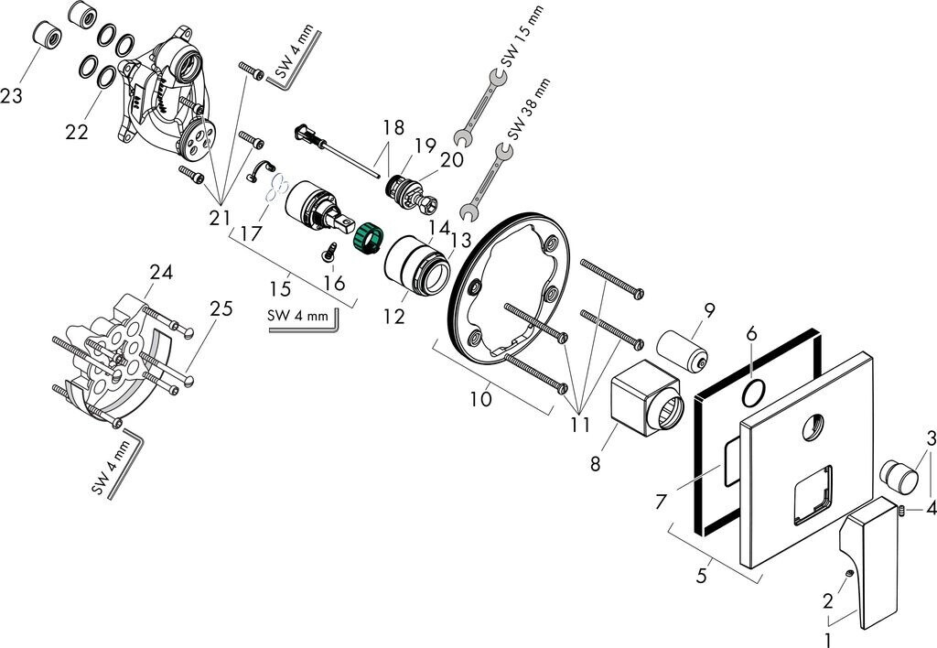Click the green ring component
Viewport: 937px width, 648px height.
tap(368, 237)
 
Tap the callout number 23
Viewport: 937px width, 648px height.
tap(11, 95)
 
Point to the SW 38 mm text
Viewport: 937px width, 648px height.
tap(528, 110)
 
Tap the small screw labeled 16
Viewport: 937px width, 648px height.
tap(328, 253)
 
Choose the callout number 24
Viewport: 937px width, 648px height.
tap(161, 272)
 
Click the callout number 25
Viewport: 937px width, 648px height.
tap(221, 308)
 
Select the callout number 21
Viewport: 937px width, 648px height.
tap(220, 218)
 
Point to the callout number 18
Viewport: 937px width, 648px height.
tap(393, 126)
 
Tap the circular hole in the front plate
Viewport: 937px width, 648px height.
tap(813, 428)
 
